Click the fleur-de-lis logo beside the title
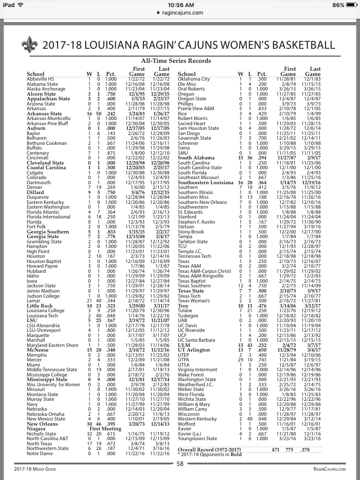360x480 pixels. tap(30, 45)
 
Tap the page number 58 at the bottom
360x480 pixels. tap(180, 464)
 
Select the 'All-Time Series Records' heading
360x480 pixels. tap(176, 61)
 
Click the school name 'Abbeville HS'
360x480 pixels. tap(41, 79)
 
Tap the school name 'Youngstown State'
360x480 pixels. tap(197, 439)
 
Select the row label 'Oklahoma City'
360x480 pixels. tap(194, 79)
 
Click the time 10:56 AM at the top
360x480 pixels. tap(180, 5)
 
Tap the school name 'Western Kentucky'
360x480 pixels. tap(197, 419)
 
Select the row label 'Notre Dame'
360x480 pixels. tap(40, 454)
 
